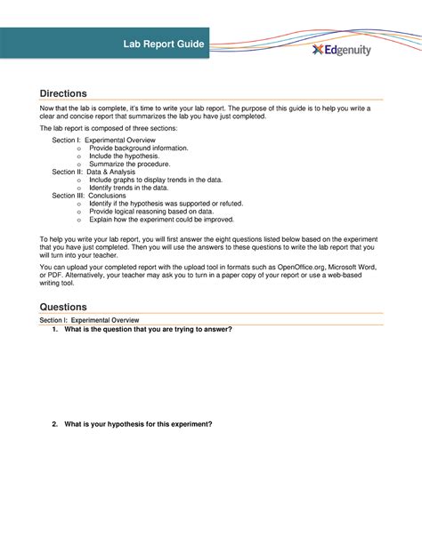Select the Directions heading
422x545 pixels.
pyautogui.click(x=64, y=92)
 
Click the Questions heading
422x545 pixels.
pyautogui.click(x=64, y=306)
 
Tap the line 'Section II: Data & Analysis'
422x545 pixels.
pyautogui.click(x=98, y=172)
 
